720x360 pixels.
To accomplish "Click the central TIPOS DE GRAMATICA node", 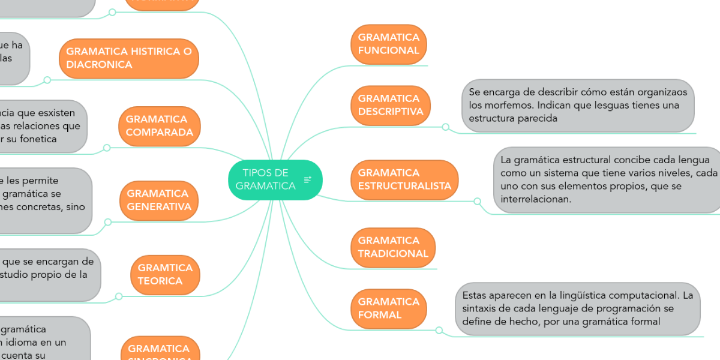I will pyautogui.click(x=267, y=180).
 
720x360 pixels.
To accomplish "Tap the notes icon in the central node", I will pyautogui.click(x=308, y=179).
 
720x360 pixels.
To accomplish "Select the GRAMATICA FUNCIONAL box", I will pyautogui.click(x=388, y=44).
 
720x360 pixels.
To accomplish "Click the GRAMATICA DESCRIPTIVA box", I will pyautogui.click(x=390, y=105).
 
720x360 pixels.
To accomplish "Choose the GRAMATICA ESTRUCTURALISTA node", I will pyautogui.click(x=404, y=179).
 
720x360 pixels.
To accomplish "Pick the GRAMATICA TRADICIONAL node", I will pyautogui.click(x=392, y=247).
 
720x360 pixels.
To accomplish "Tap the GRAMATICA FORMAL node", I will pyautogui.click(x=388, y=308).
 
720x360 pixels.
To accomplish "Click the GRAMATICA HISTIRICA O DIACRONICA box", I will pyautogui.click(x=128, y=58).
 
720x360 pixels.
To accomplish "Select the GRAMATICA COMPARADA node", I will pyautogui.click(x=159, y=126).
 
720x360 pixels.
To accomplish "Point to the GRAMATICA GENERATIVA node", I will pyautogui.click(x=159, y=200).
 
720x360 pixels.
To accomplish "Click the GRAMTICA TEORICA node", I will pyautogui.click(x=165, y=274).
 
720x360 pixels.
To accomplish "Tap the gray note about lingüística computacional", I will pyautogui.click(x=578, y=308).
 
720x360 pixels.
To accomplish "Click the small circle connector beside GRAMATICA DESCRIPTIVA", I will pyautogui.click(x=445, y=127).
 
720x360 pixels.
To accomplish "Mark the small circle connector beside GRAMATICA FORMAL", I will pyautogui.click(x=439, y=330).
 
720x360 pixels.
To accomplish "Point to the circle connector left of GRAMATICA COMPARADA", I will pyautogui.click(x=107, y=148).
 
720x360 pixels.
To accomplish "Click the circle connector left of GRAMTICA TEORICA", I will pyautogui.click(x=118, y=296).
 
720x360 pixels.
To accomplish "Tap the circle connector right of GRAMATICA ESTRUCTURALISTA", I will pyautogui.click(x=478, y=201).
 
